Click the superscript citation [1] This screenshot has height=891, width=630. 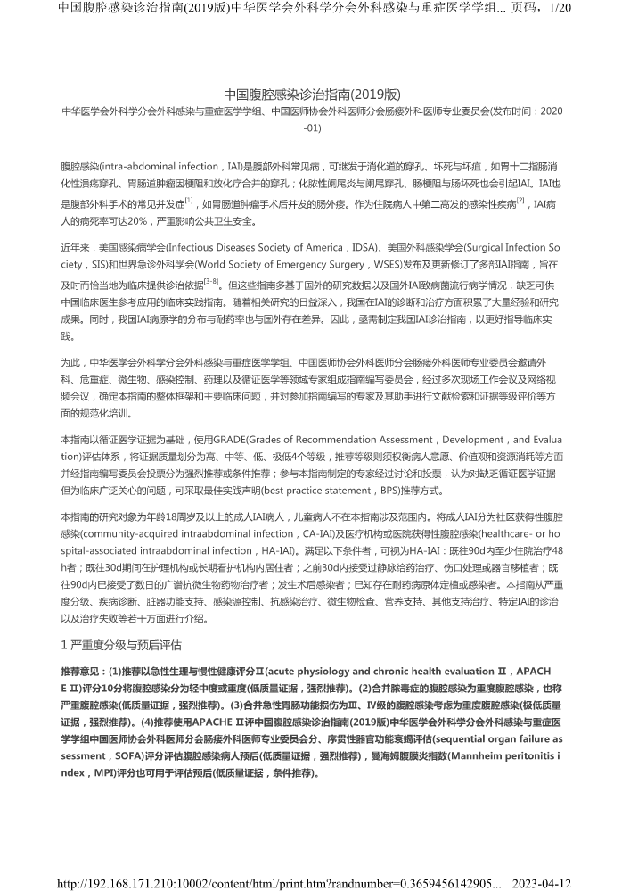click(188, 201)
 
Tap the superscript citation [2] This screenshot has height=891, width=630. click(520, 201)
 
